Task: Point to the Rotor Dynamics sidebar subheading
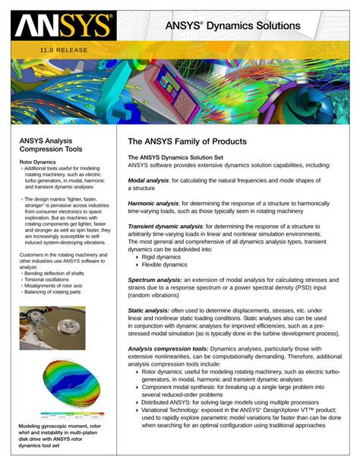click(37, 162)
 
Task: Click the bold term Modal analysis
click(148, 180)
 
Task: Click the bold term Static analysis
click(147, 310)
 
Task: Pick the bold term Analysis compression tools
click(168, 348)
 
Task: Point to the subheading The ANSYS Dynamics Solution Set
click(175, 157)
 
